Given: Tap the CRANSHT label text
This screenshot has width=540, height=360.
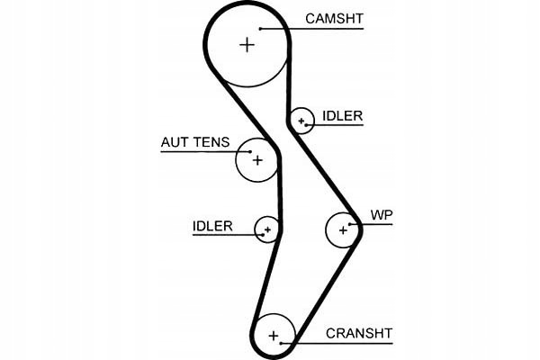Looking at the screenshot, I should (x=359, y=333).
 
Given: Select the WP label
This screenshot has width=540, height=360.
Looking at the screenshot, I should (x=382, y=216).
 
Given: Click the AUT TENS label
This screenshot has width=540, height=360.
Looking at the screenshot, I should (x=195, y=142).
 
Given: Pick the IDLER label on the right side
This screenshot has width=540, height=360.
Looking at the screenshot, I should (x=341, y=116).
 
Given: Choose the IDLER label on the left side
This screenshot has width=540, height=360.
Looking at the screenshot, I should (x=212, y=226).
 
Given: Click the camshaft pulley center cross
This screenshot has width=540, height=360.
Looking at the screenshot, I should (x=247, y=44).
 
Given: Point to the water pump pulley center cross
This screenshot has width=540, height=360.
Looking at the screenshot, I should (x=343, y=229).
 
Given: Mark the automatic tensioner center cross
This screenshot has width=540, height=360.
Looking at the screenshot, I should (x=257, y=160).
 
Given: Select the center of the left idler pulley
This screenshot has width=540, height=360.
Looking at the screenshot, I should (x=267, y=230).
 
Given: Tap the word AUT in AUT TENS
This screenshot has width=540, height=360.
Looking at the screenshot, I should (x=175, y=142).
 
